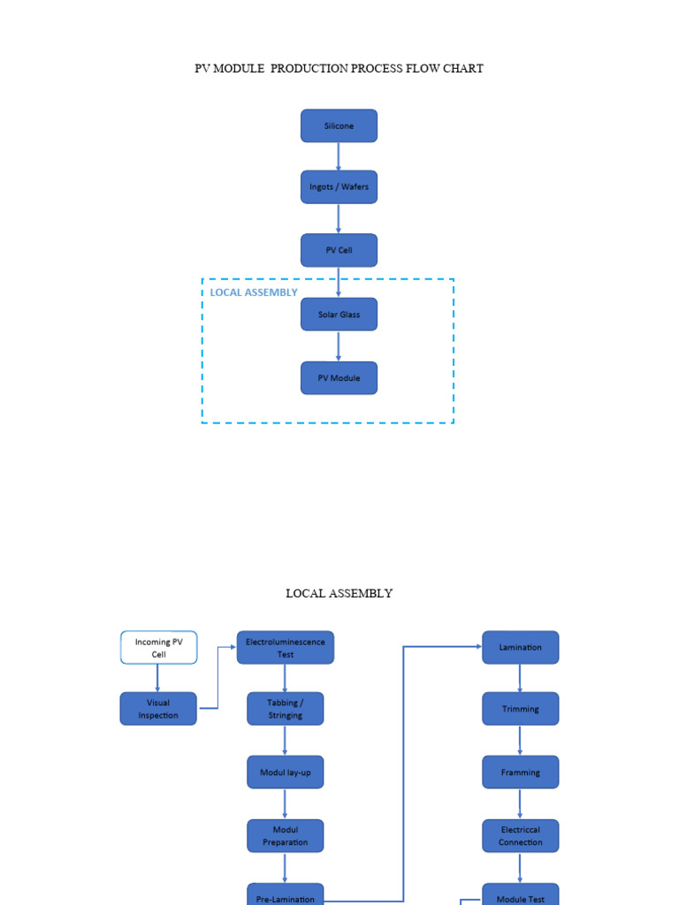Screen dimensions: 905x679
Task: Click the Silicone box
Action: pyautogui.click(x=339, y=125)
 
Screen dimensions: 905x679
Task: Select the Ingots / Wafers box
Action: pyautogui.click(x=339, y=187)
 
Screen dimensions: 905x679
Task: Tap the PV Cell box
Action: pyautogui.click(x=339, y=250)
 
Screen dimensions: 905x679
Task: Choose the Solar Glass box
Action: pyautogui.click(x=339, y=315)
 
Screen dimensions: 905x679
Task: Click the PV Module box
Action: pyautogui.click(x=339, y=378)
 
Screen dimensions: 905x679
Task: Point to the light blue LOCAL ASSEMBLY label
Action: pyautogui.click(x=254, y=293)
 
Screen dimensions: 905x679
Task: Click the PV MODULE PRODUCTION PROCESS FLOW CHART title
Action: pyautogui.click(x=339, y=69)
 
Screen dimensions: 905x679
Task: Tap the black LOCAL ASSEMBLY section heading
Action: pyautogui.click(x=339, y=594)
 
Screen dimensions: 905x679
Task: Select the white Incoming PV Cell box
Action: pyautogui.click(x=158, y=648)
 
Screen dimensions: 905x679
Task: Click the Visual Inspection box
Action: pyautogui.click(x=158, y=709)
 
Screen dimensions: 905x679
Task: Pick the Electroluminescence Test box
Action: pyautogui.click(x=285, y=648)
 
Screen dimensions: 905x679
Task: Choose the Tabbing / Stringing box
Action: pyautogui.click(x=285, y=709)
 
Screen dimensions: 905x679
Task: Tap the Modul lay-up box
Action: pyautogui.click(x=285, y=772)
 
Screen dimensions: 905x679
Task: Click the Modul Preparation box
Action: pyautogui.click(x=285, y=836)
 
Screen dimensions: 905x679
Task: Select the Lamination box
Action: pyautogui.click(x=520, y=648)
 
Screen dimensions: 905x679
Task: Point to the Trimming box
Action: pyautogui.click(x=520, y=709)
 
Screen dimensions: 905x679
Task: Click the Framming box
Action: pyautogui.click(x=520, y=772)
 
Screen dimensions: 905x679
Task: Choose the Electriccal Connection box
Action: pyautogui.click(x=520, y=836)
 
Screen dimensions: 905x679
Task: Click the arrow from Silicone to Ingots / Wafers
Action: pyautogui.click(x=339, y=156)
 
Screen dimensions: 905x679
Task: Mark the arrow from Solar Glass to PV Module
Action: pyautogui.click(x=339, y=346)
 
